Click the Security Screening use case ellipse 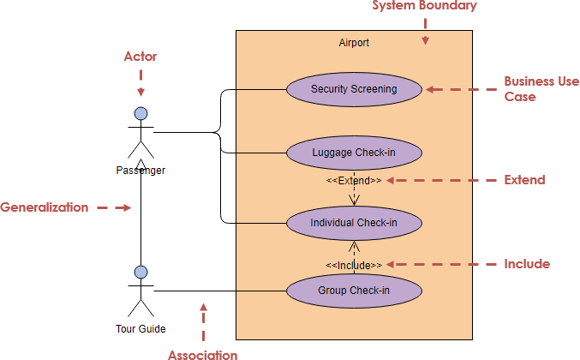click(354, 89)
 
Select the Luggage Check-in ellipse click(354, 153)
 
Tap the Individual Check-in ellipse click(354, 223)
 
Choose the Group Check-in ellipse click(354, 291)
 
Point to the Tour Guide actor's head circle click(141, 273)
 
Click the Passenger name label click(141, 170)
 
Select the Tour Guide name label click(141, 328)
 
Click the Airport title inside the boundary click(354, 42)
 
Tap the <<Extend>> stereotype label click(354, 181)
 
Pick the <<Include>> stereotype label click(354, 265)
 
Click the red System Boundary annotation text click(424, 6)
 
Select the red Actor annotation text click(141, 57)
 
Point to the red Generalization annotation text click(44, 207)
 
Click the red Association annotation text click(203, 354)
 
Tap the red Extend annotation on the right click(524, 180)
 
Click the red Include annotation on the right click(527, 264)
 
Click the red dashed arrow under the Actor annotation click(141, 82)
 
